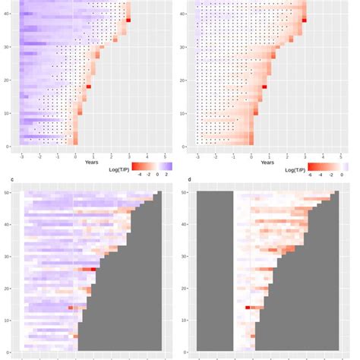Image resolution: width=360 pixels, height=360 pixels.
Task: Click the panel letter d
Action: (x=189, y=180)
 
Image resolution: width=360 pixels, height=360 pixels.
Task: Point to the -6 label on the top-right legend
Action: (x=311, y=174)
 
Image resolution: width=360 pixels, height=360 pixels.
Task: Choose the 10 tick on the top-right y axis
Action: (x=185, y=113)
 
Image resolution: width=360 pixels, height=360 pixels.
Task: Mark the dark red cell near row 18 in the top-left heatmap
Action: (x=89, y=87)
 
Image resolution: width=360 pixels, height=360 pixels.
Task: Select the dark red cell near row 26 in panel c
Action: (x=93, y=269)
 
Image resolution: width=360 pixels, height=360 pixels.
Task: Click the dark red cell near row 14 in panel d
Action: (x=248, y=308)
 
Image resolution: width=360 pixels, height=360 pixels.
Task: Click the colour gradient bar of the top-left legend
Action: (x=152, y=166)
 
